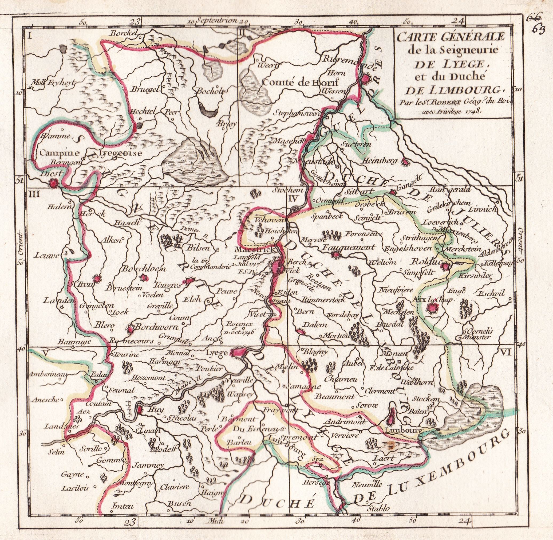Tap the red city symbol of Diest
53,183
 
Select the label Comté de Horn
301,83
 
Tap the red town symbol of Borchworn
130,329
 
